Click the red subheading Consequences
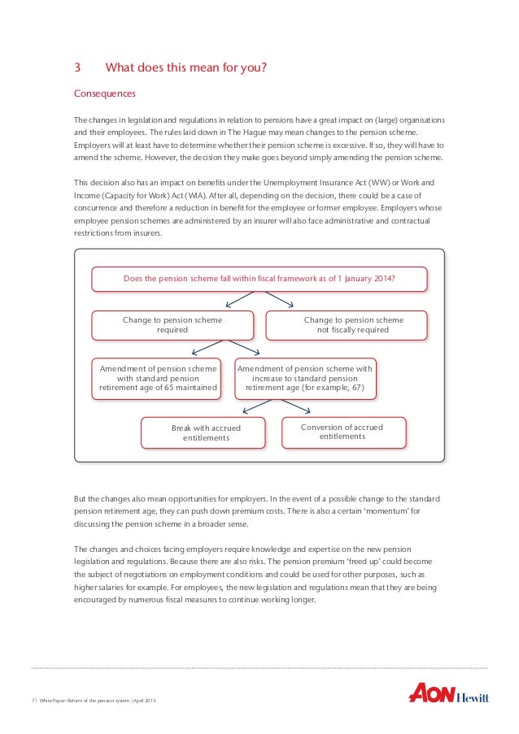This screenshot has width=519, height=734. (x=105, y=94)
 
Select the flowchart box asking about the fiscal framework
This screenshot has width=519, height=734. (x=259, y=279)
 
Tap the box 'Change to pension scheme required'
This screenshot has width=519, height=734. (x=172, y=325)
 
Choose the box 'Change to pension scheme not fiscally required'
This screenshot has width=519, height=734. (x=353, y=325)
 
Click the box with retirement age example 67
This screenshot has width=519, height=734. (x=305, y=378)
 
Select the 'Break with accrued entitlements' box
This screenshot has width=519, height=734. (x=206, y=432)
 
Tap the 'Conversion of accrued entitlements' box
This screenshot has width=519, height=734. (x=342, y=432)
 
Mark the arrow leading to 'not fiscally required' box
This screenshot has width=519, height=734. (x=283, y=301)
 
